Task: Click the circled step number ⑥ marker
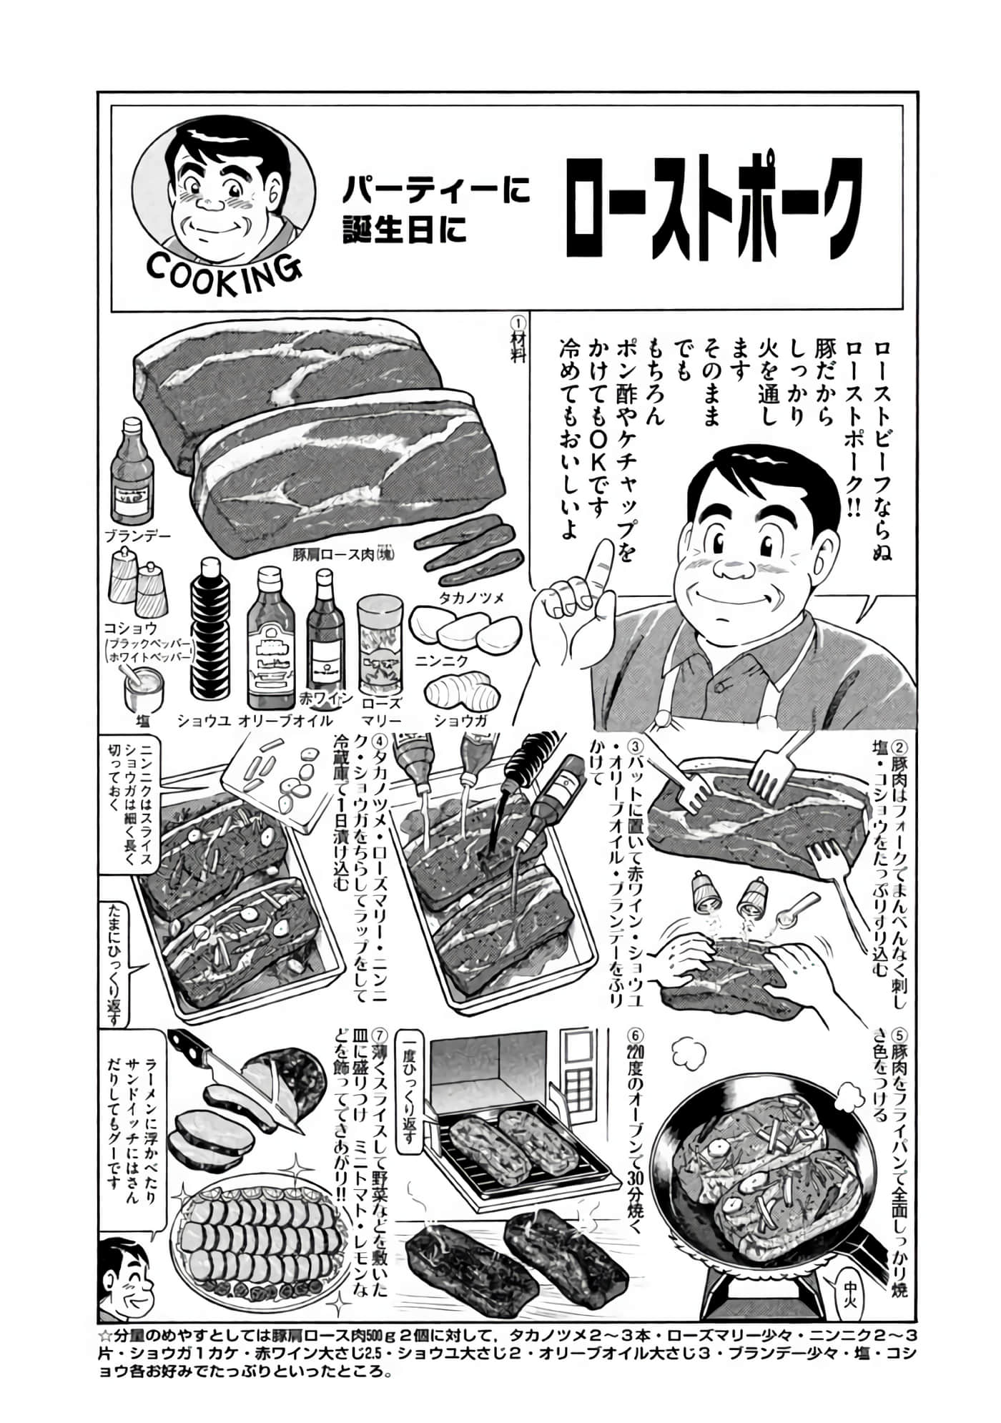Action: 633,1036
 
